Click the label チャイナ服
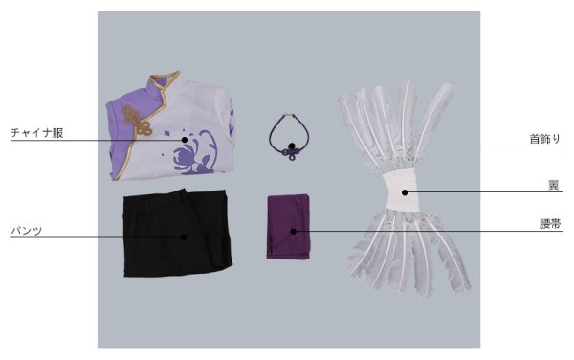coord(37,132)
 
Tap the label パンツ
coord(27,231)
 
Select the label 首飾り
coord(545,139)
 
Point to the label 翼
coord(554,186)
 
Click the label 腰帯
coord(550,224)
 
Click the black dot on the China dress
coord(185,140)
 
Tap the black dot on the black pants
coord(184,237)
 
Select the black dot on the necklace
coord(292,146)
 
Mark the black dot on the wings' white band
coord(405,192)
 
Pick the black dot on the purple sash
coord(294,231)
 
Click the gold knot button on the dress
coord(137,121)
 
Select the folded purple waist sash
coord(289,227)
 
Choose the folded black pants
coord(178,233)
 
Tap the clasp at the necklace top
coord(290,115)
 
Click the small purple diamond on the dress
coord(166,134)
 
